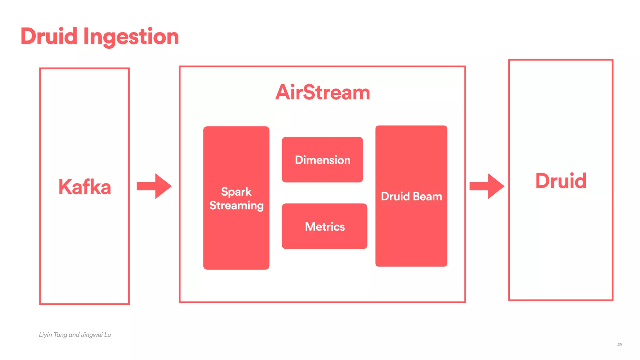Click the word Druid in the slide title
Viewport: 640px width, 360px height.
click(x=49, y=36)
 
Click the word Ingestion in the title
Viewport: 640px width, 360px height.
click(x=131, y=37)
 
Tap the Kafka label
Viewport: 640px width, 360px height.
click(x=84, y=187)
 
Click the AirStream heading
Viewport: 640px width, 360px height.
click(x=322, y=92)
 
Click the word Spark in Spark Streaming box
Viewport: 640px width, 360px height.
click(x=236, y=192)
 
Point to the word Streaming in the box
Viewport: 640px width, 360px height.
click(x=236, y=206)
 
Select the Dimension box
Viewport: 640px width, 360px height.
click(x=322, y=160)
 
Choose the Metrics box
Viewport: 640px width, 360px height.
click(x=324, y=226)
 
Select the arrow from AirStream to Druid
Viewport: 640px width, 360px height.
click(x=487, y=186)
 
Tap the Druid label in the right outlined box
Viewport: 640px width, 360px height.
click(x=561, y=181)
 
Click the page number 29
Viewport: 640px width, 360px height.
click(x=619, y=344)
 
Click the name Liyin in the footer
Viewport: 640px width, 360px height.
click(x=45, y=335)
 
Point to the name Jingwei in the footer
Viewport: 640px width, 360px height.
click(x=92, y=335)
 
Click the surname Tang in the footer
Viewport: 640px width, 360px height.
click(x=60, y=335)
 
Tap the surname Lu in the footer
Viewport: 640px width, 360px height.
click(x=107, y=335)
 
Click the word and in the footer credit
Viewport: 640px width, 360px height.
click(x=74, y=335)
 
